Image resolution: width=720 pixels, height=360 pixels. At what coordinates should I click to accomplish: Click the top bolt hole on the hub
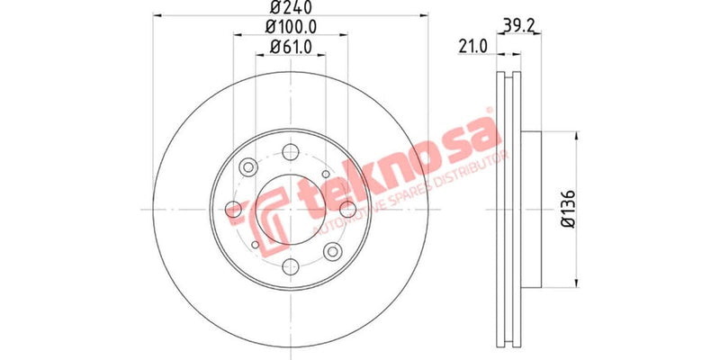coord(291,152)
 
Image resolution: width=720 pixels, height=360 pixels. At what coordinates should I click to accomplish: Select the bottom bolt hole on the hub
coord(291,266)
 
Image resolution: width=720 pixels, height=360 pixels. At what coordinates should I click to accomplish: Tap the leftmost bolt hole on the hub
coord(234,210)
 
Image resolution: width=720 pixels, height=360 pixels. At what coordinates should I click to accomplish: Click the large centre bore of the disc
coord(291,210)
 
